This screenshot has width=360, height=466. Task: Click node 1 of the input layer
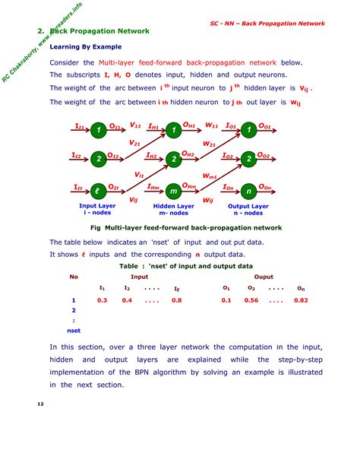click(97, 131)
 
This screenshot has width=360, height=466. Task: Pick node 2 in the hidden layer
click(174, 159)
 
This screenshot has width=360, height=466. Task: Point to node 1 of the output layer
click(248, 131)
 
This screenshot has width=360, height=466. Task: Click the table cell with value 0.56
click(251, 300)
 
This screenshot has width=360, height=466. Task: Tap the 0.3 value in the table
click(102, 300)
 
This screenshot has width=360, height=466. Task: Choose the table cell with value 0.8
click(176, 300)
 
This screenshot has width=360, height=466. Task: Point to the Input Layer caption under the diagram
click(98, 206)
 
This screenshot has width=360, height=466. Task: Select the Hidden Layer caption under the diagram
click(174, 206)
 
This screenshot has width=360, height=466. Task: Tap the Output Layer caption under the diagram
click(248, 206)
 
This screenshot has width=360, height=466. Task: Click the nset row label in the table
click(74, 331)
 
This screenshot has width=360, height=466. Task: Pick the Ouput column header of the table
click(264, 277)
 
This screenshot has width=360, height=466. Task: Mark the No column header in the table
click(74, 277)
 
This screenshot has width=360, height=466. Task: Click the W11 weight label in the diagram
click(212, 125)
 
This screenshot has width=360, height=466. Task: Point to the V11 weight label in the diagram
click(136, 125)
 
